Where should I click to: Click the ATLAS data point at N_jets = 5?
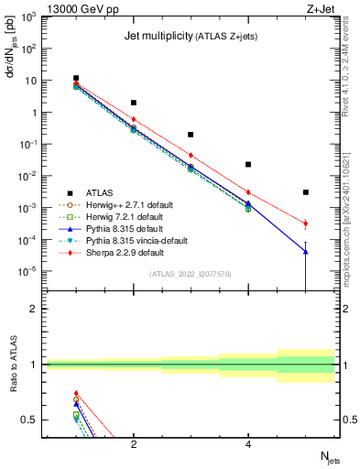306,192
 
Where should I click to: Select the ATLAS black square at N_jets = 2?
134,103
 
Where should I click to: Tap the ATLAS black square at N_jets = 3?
191,135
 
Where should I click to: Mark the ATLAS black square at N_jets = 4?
248,165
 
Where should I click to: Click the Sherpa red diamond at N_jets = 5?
306,224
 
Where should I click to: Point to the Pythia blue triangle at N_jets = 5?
306,252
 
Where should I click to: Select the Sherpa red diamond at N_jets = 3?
191,155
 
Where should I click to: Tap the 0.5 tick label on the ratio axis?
31,420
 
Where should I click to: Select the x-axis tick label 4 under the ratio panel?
248,444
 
